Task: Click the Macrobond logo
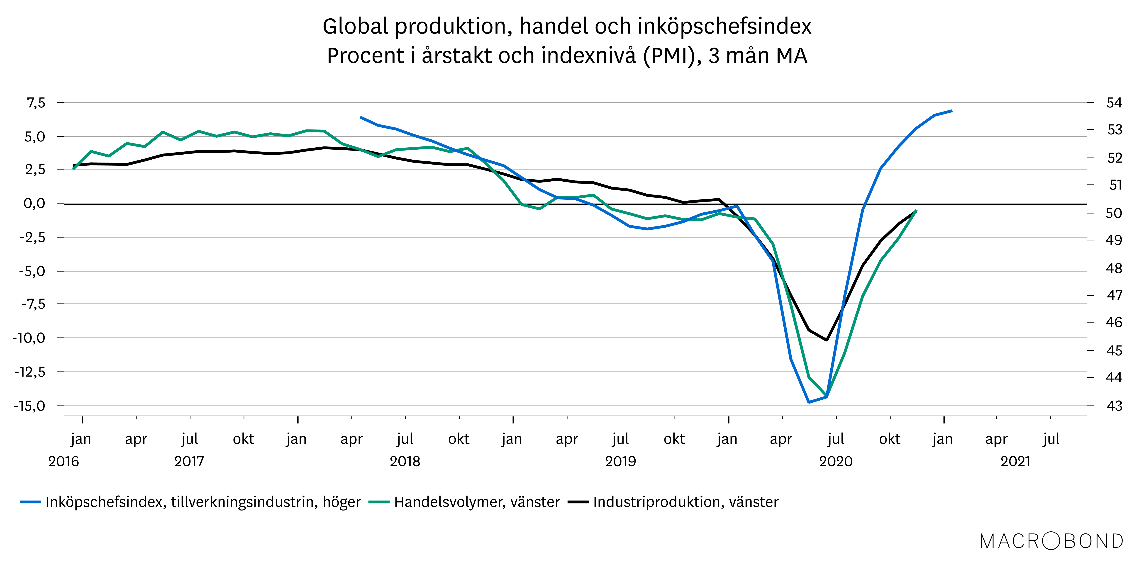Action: (x=1051, y=541)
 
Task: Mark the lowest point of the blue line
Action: (x=809, y=402)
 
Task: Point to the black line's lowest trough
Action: (x=827, y=340)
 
